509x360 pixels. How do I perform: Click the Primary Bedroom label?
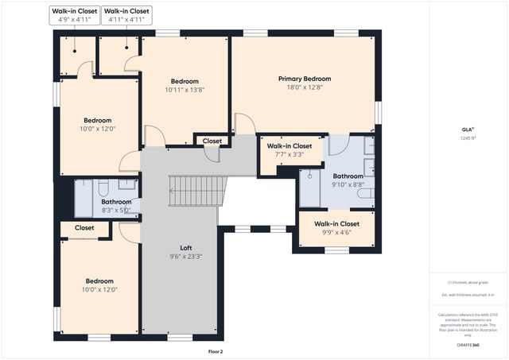click(x=304, y=79)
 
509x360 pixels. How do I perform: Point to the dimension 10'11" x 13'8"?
click(x=185, y=90)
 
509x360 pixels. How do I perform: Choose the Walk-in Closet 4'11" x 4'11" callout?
click(x=126, y=15)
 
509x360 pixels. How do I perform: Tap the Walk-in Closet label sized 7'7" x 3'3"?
click(x=289, y=146)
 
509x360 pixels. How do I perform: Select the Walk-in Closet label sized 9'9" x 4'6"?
click(x=336, y=224)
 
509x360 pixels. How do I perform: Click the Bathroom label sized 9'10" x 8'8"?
click(x=348, y=176)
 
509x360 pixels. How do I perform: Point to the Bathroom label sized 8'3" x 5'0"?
click(x=115, y=202)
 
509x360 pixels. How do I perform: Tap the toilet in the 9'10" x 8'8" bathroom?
click(x=363, y=192)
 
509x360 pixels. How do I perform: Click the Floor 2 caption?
click(x=216, y=350)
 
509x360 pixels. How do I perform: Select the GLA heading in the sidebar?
click(x=467, y=129)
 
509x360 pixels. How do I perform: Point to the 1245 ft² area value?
click(x=467, y=138)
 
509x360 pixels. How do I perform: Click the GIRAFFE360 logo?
click(x=467, y=345)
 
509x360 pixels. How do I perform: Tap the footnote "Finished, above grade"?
click(x=467, y=282)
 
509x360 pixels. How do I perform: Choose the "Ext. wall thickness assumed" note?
click(x=467, y=295)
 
